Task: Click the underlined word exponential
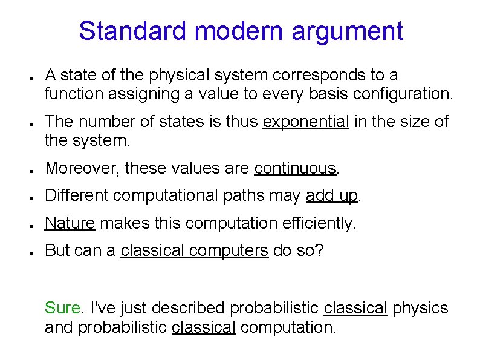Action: tap(306, 122)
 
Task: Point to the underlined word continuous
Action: tap(295, 168)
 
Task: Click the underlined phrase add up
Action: tap(332, 196)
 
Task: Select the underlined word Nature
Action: tap(70, 223)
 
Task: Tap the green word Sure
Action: tap(62, 308)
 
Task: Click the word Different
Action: tap(79, 195)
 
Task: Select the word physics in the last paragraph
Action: tap(421, 309)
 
